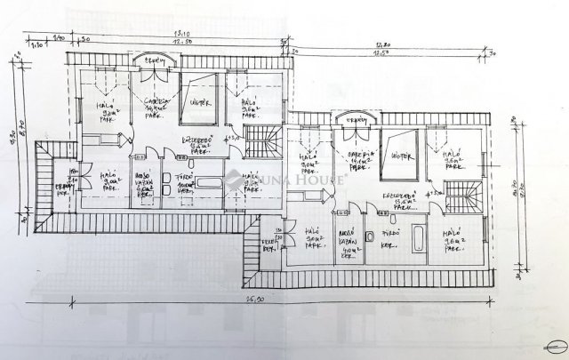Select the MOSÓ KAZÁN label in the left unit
143,180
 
